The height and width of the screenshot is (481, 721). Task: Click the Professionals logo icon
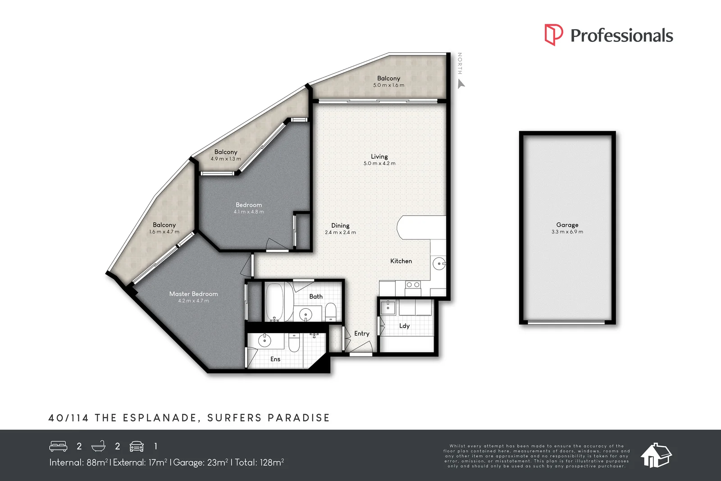[x=553, y=35]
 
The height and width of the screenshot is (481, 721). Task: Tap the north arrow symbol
[x=461, y=84]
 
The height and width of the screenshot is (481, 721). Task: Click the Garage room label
[x=567, y=224]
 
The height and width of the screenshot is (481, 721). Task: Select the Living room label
[x=379, y=156]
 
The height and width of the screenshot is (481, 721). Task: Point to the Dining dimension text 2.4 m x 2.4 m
[x=340, y=233]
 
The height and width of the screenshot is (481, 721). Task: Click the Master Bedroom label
[x=193, y=294]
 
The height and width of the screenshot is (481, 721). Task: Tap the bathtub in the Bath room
[x=273, y=302]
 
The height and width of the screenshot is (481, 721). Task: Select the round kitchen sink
[x=438, y=264]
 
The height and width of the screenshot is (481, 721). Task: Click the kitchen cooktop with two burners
[x=413, y=285]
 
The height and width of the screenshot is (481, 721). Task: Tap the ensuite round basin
[x=265, y=341]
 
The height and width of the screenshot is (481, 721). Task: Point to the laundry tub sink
[x=388, y=307]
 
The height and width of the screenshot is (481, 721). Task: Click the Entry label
[x=361, y=334]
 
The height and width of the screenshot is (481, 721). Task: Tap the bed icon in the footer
[x=58, y=446]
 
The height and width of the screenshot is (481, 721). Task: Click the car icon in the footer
[x=137, y=446]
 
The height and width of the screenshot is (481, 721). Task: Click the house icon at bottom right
[x=656, y=455]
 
